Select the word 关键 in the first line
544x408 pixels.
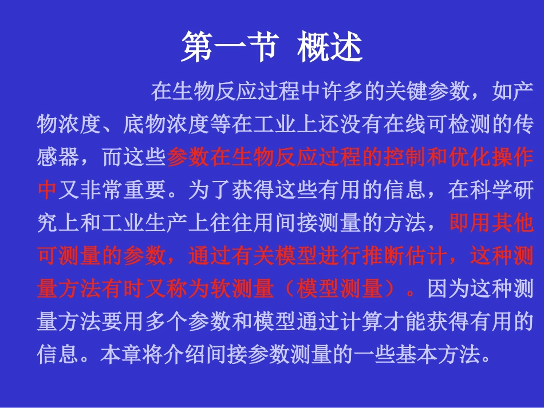[x=395, y=90]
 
